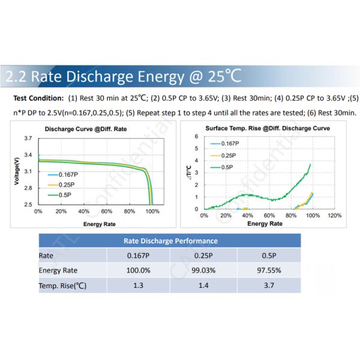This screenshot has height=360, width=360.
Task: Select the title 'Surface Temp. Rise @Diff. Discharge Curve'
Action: (x=267, y=128)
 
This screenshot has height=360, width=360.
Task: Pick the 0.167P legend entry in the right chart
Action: (x=229, y=144)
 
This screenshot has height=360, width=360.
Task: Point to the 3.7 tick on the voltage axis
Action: (x=28, y=139)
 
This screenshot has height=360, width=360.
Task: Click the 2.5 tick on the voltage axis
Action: (x=28, y=205)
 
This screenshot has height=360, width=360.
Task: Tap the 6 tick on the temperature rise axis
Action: (x=197, y=137)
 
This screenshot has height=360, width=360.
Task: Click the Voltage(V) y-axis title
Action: (x=17, y=170)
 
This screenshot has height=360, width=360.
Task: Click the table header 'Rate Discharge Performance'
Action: (x=170, y=241)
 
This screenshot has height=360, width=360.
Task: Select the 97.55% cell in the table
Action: (x=269, y=270)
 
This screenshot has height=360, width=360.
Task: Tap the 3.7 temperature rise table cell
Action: (x=269, y=286)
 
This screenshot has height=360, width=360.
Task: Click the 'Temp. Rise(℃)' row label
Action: (x=63, y=286)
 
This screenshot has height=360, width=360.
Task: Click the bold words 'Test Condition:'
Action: (x=38, y=98)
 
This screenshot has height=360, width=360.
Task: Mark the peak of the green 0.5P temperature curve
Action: (x=310, y=164)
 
